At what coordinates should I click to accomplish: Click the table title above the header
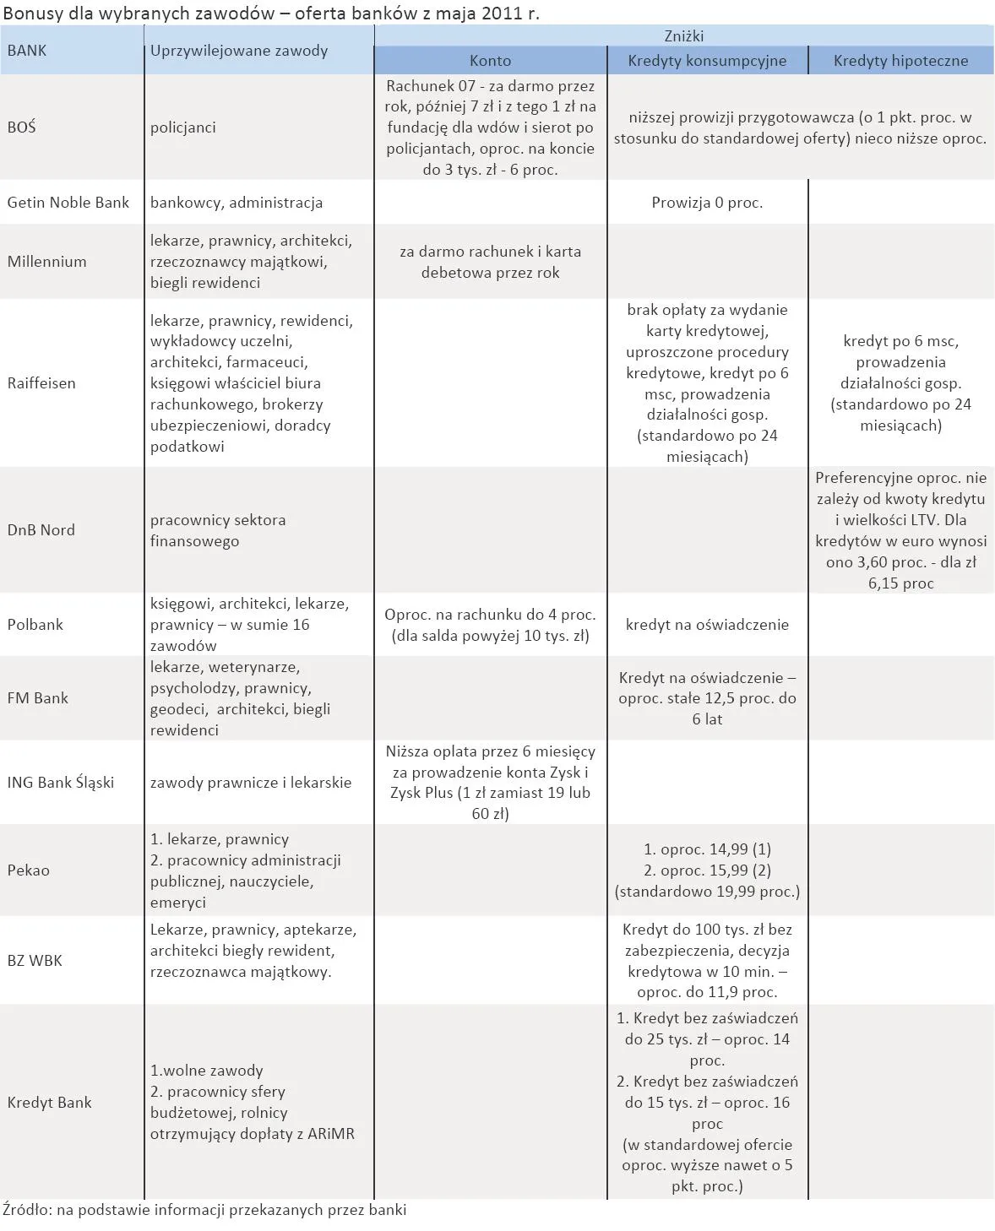(270, 14)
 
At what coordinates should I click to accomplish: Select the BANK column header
(27, 50)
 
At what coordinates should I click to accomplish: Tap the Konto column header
(490, 61)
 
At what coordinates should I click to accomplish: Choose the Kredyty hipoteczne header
(900, 61)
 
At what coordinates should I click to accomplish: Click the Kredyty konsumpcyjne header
(707, 61)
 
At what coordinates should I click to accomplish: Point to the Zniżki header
(683, 36)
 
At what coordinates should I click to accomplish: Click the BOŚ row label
(22, 127)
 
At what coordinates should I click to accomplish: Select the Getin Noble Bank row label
(68, 203)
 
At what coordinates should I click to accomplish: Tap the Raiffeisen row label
(41, 383)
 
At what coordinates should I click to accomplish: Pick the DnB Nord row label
(41, 530)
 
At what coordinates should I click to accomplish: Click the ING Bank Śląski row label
(60, 783)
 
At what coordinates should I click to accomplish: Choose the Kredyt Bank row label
(49, 1103)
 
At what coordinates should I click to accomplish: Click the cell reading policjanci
(183, 127)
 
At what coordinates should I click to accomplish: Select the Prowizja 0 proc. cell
(707, 203)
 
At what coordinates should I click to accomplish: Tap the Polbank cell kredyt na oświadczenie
(707, 625)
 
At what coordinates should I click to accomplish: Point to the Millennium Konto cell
(490, 262)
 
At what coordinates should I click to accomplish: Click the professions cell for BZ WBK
(253, 951)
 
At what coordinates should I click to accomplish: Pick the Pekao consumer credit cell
(707, 870)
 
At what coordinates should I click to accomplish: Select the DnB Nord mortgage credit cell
(900, 530)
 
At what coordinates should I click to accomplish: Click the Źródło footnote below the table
(204, 1210)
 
